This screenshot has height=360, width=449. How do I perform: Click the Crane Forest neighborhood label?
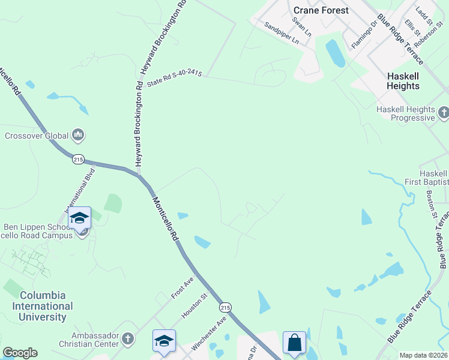click(321, 10)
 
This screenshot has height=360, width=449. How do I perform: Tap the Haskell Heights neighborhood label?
click(403, 81)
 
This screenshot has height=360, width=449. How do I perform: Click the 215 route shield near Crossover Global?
click(78, 159)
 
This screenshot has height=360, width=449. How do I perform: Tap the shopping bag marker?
click(294, 344)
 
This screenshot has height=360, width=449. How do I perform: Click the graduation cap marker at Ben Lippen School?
click(79, 218)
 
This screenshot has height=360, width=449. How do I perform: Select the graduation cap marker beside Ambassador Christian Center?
click(164, 341)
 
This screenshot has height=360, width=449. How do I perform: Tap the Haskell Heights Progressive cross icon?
click(444, 112)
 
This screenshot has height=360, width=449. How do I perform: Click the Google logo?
click(20, 353)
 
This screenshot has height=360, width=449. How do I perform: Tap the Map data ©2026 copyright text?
click(423, 355)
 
